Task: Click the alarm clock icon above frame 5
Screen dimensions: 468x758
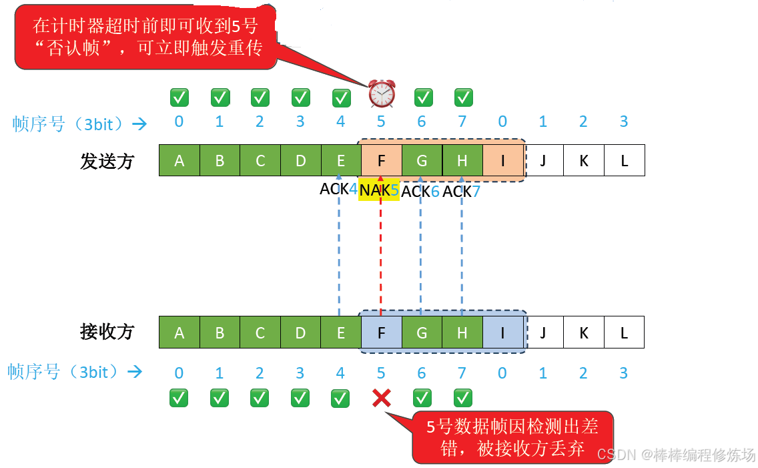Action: pos(382,93)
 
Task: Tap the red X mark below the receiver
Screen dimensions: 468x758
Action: pos(381,399)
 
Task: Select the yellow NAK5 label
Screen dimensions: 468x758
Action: pos(379,190)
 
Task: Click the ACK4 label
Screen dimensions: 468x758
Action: pos(339,189)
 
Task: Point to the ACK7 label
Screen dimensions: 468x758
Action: pos(462,192)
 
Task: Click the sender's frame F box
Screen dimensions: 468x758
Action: pos(381,161)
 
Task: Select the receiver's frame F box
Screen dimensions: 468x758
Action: pos(381,332)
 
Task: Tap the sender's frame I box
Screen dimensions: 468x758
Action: pos(502,161)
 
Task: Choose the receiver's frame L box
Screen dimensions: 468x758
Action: pos(624,332)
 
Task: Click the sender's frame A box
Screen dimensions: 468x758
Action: pos(179,161)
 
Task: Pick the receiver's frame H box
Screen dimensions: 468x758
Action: pos(462,332)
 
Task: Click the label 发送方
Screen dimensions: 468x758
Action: pos(107,162)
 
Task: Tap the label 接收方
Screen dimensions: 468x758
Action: pos(107,332)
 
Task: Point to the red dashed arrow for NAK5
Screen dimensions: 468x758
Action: pos(380,254)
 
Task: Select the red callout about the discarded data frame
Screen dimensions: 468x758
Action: pos(512,437)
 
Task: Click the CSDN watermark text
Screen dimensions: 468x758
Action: pos(676,455)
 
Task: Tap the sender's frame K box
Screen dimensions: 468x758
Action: pos(584,161)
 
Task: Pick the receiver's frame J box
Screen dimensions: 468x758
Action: pos(543,332)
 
